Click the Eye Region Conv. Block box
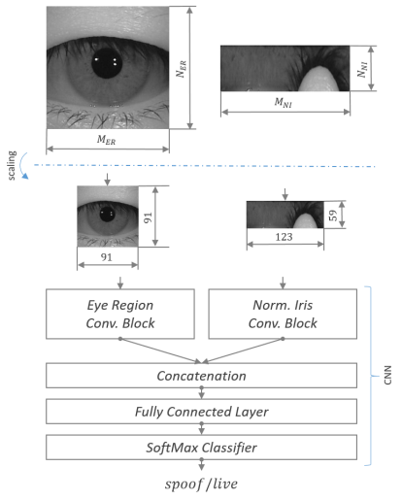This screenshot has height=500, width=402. point(120,314)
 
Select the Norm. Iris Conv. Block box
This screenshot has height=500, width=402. point(283,314)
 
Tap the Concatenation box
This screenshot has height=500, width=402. point(201,376)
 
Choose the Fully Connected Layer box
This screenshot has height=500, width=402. point(201,412)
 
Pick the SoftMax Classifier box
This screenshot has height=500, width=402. point(201,448)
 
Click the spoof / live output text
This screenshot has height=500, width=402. point(201,483)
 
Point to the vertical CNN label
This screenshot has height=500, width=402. point(387,376)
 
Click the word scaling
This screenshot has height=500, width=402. point(12,165)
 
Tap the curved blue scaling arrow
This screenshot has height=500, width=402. point(21,166)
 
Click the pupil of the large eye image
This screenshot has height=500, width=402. point(107,63)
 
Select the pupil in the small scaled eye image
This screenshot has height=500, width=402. point(107,214)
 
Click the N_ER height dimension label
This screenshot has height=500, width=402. point(181,69)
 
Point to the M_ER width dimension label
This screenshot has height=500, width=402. point(106,140)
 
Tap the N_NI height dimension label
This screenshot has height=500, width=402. point(362,70)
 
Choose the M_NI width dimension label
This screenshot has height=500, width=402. point(284,102)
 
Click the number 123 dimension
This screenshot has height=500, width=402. point(284,237)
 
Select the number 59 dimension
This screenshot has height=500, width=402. point(333,216)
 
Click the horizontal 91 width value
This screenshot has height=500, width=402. point(107,257)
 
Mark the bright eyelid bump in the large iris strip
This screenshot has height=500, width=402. point(319,79)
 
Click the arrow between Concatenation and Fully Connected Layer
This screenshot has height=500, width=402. point(201,392)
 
